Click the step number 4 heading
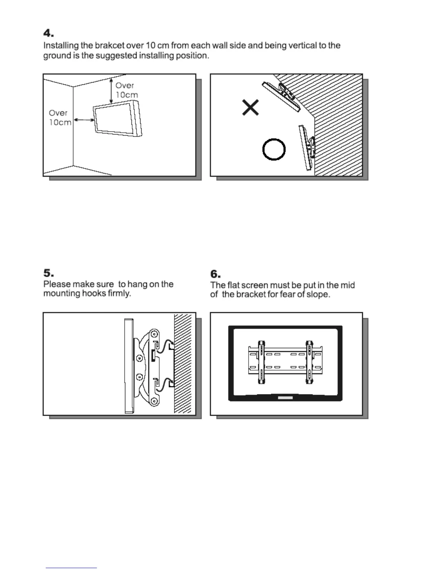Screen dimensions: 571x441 coord(48,34)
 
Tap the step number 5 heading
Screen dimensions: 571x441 coord(48,273)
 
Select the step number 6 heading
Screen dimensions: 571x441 coord(215,274)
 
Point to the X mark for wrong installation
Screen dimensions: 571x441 coord(250,107)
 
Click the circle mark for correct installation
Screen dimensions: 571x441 coord(274,149)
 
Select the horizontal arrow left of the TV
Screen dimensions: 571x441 coord(83,120)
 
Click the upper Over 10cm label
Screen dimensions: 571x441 coord(126,90)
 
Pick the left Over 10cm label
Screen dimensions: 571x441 coord(60,118)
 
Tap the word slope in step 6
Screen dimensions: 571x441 coord(317,295)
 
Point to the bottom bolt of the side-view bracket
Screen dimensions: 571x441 coord(154,400)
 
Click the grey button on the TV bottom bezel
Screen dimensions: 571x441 coord(285,398)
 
